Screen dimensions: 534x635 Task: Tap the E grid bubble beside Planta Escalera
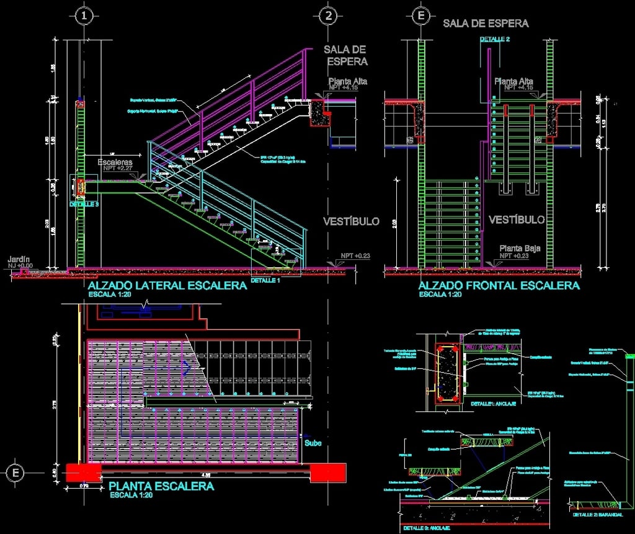(15, 473)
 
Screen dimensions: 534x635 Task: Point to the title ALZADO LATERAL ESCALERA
(168, 286)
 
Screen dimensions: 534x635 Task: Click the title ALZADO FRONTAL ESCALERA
(499, 286)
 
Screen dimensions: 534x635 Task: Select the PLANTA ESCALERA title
(161, 486)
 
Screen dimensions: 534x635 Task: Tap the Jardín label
(19, 259)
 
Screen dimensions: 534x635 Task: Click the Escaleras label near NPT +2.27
(115, 162)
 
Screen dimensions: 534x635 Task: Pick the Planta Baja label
(520, 248)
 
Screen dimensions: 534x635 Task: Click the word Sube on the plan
(313, 443)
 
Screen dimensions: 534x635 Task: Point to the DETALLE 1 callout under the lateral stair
(265, 281)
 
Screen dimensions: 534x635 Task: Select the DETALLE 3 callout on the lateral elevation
(84, 204)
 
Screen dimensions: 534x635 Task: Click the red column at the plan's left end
(83, 473)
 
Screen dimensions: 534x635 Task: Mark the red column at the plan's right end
(328, 473)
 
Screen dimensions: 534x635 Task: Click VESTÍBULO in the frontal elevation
(517, 220)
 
